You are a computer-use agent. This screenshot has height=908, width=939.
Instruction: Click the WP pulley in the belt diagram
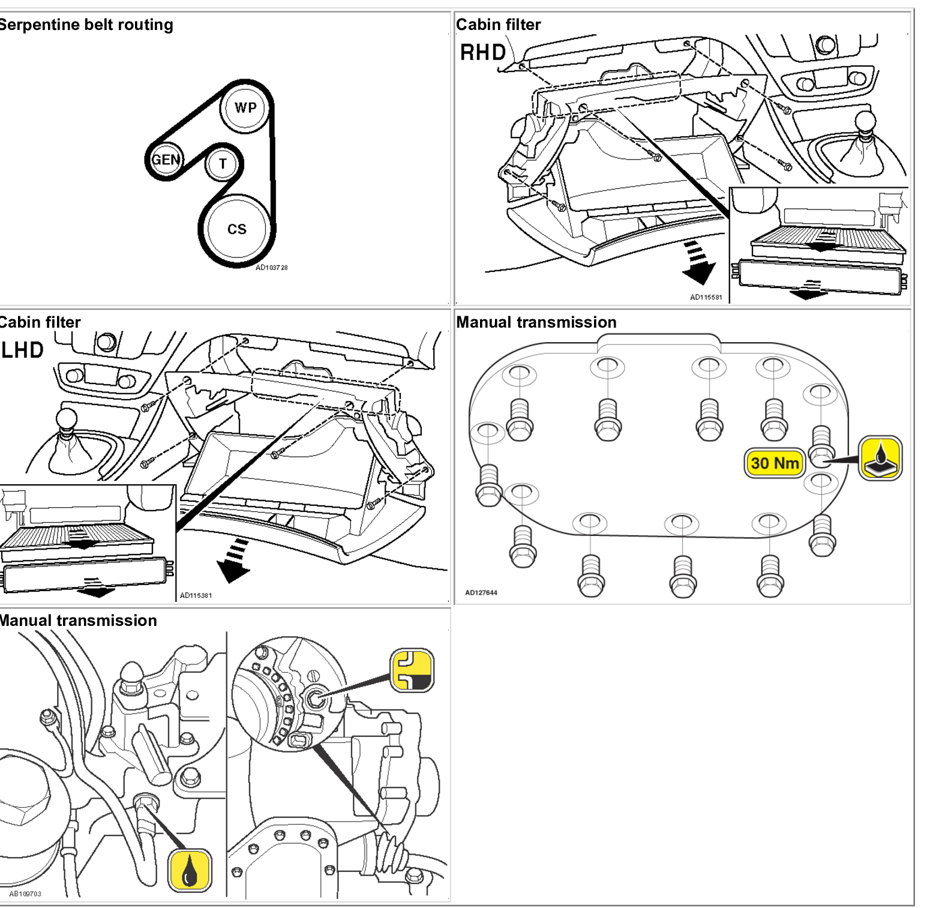[x=245, y=108]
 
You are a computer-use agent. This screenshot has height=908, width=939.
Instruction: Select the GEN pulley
[x=165, y=160]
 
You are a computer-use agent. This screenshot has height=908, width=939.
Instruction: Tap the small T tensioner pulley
[x=223, y=164]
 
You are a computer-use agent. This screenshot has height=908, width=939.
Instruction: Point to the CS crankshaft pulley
[x=236, y=229]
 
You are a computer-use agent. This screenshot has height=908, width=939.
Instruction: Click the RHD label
[x=483, y=53]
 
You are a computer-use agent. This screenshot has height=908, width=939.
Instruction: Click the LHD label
[x=23, y=350]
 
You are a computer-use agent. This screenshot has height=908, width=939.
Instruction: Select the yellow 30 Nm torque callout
[x=775, y=463]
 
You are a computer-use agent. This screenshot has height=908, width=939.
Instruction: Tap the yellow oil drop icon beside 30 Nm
[x=880, y=459]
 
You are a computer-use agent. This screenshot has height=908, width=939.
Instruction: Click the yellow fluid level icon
[x=412, y=670]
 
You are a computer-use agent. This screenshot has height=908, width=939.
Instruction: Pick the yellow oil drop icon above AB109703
[x=190, y=870]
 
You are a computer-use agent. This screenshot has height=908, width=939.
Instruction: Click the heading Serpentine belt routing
[x=86, y=25]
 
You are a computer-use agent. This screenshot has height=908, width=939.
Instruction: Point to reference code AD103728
[x=271, y=268]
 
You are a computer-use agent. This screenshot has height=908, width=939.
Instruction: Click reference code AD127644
[x=481, y=593]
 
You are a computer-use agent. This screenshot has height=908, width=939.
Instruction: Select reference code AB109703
[x=25, y=894]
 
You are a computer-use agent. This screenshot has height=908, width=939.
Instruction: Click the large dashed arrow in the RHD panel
[x=698, y=264]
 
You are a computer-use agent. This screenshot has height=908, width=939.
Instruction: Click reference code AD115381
[x=196, y=595]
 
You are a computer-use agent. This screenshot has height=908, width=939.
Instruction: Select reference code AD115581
[x=706, y=297]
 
